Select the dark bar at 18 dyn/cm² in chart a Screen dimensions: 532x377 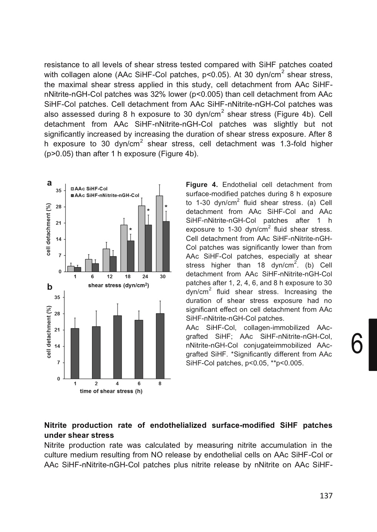coord(130,256)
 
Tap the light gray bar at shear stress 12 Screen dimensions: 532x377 coord(106,260)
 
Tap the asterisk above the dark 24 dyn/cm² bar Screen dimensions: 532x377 coord(148,210)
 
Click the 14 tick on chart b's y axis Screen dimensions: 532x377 coord(58,346)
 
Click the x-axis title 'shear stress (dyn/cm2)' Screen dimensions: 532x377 coord(118,285)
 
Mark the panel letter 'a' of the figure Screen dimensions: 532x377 coord(49,183)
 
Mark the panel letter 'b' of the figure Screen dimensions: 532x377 coord(50,287)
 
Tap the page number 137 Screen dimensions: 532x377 coord(326,495)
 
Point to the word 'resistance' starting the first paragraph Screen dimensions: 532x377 coord(61,65)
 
